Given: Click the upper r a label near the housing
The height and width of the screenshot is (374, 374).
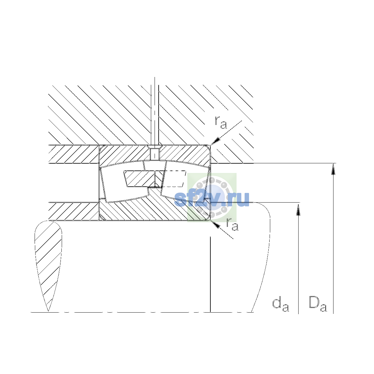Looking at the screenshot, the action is [221, 123].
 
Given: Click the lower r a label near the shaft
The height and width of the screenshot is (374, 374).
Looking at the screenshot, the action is [232, 224].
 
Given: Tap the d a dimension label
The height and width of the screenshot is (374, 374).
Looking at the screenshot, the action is [280, 305].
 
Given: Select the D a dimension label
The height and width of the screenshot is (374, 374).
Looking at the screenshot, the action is [318, 304].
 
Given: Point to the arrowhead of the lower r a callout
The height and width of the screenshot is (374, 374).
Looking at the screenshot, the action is [215, 224].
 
